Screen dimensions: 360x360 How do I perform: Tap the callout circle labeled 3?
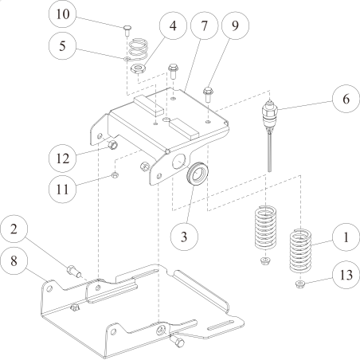pyautogui.click(x=184, y=236)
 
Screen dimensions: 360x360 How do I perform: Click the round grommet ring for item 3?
pyautogui.click(x=195, y=175)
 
